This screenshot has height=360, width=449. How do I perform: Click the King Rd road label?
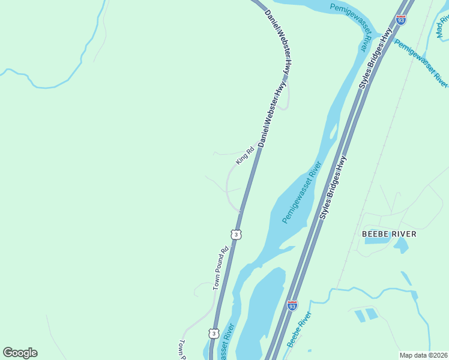[x=246, y=155]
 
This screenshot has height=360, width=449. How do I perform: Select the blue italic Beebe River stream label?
[x=299, y=329]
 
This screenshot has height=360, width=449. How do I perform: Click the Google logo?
[x=20, y=353]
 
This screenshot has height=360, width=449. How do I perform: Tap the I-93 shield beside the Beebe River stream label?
[x=292, y=305]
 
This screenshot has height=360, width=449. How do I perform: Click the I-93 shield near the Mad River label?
[x=401, y=20]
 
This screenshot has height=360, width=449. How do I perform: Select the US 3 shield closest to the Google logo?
[x=214, y=332]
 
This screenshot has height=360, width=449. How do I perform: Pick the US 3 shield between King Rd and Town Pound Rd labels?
[x=237, y=234]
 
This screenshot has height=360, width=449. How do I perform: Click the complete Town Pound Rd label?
[x=221, y=269]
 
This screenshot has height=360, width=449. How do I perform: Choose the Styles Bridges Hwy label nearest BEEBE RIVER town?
[x=333, y=187]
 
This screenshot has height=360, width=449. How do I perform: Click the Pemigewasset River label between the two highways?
[x=302, y=193]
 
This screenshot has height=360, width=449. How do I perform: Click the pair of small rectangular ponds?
[x=366, y=314]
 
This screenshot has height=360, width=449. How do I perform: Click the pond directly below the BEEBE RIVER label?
[x=400, y=245]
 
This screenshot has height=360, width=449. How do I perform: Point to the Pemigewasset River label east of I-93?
[x=421, y=62]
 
